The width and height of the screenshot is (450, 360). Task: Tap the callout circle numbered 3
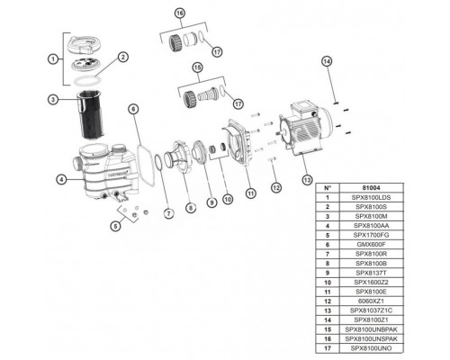[x=54, y=99]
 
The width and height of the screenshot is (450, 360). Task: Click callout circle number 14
[x=327, y=60]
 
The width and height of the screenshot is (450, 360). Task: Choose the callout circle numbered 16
[x=180, y=14]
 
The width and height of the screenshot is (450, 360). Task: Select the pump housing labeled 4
[x=99, y=171]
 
